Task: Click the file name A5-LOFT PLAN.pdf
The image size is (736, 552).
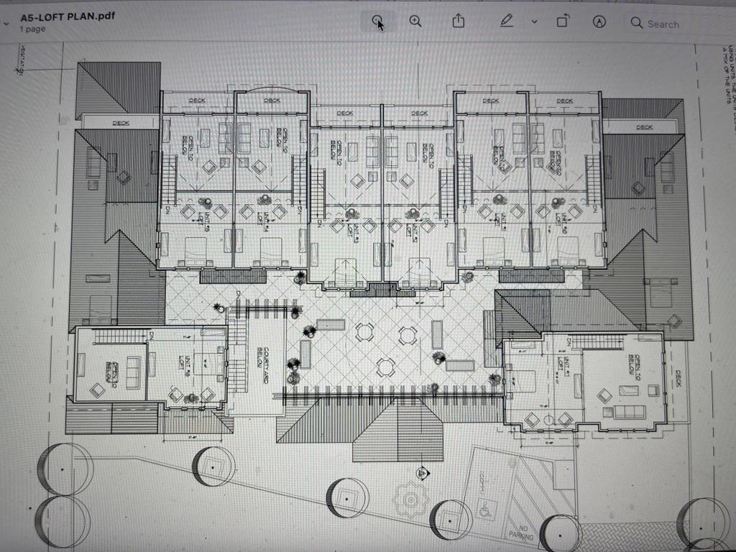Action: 68,16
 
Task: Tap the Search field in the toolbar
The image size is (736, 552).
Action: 662,24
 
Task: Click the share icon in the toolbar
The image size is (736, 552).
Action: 459,22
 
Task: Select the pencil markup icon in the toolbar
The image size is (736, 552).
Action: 507,22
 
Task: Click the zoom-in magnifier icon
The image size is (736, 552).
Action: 415,22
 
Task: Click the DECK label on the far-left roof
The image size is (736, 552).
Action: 121,124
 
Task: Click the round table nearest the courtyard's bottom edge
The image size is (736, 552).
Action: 386,367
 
